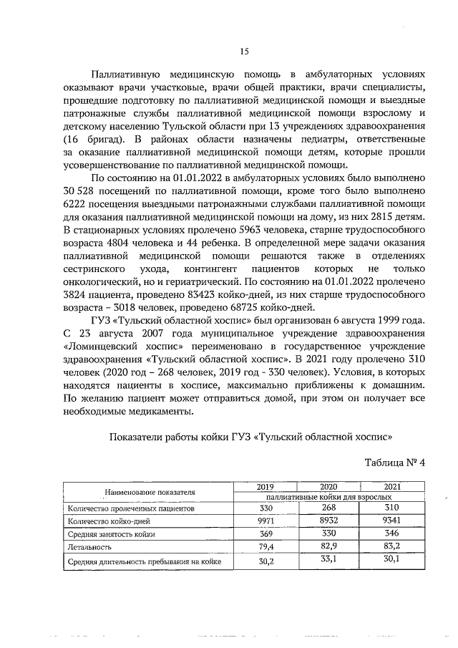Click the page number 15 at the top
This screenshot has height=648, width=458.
point(243,50)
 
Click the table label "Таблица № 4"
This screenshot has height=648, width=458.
point(395,462)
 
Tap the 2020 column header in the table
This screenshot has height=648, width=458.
point(327,486)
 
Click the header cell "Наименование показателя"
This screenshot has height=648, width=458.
point(150,493)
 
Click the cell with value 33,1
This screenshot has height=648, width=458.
point(327,560)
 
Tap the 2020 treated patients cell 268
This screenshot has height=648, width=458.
point(327,508)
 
